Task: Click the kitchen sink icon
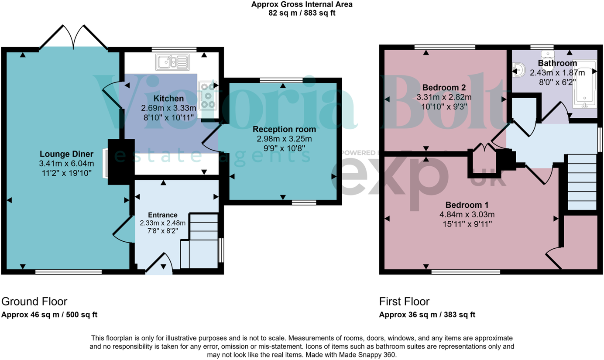172,62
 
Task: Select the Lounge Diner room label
66,154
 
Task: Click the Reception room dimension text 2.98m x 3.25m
284,139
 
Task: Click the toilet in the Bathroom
546,55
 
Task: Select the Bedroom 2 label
443,87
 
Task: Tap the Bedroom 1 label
467,205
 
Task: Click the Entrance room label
163,215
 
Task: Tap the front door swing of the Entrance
160,264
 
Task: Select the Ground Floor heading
34,302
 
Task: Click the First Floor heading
404,302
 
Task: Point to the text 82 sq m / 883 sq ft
302,13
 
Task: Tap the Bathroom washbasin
519,70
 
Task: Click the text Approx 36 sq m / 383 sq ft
427,315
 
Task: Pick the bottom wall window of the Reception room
304,202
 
